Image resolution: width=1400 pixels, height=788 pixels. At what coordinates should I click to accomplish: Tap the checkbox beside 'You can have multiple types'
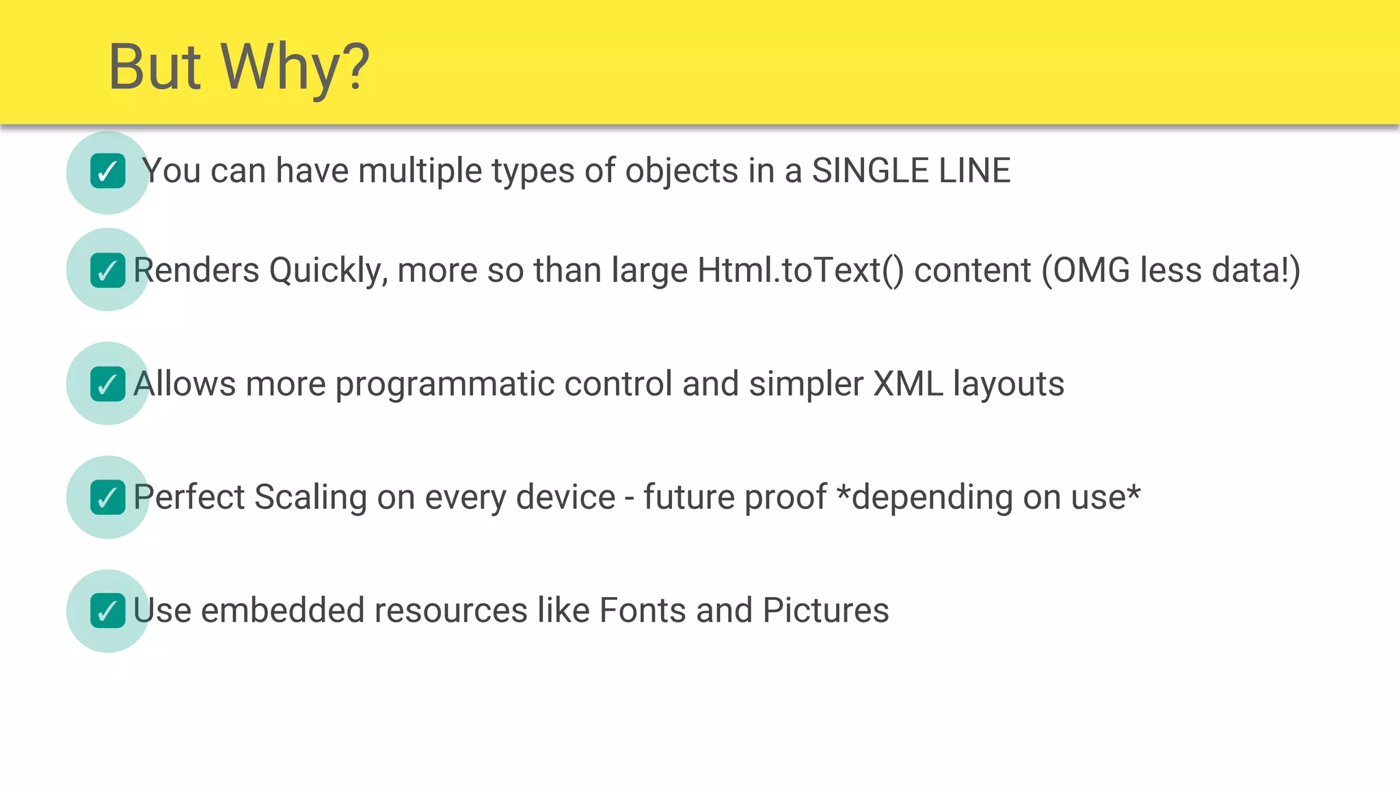(x=108, y=171)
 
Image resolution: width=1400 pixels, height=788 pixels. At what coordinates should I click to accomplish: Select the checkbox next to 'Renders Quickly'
(x=108, y=270)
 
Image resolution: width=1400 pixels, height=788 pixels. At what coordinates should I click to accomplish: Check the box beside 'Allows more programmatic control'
(x=108, y=384)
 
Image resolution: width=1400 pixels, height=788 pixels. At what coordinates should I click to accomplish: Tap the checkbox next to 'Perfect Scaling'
(x=108, y=497)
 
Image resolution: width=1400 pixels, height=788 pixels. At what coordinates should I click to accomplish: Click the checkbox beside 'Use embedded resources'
(x=108, y=611)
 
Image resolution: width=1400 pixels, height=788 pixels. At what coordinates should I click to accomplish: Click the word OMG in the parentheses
(x=1091, y=270)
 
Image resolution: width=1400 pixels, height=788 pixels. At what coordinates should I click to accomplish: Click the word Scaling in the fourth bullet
(x=310, y=498)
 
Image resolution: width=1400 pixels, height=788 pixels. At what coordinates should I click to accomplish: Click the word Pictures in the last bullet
(x=826, y=610)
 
